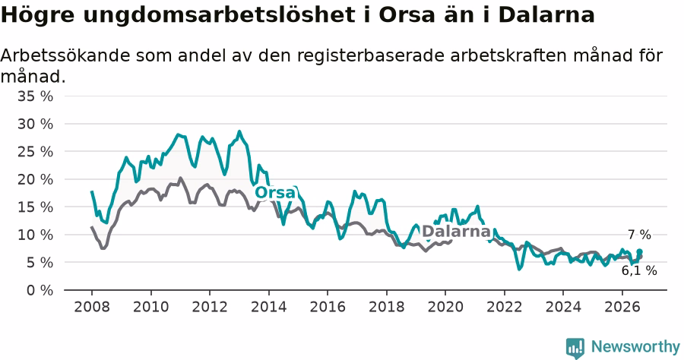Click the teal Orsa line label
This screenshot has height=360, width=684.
point(275,192)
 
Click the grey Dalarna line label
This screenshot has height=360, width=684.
point(456,231)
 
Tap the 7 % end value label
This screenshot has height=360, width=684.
point(639,235)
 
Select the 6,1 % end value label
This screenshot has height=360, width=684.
point(639,270)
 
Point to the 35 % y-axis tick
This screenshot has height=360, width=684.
point(35,96)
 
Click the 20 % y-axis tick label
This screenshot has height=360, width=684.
point(35,179)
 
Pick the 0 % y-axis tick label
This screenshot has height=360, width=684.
point(40,290)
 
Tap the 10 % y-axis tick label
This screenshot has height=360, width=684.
point(35,235)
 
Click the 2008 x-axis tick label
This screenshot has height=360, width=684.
point(92,307)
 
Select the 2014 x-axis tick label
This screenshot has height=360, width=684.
point(269,307)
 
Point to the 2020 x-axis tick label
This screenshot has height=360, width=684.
point(445,307)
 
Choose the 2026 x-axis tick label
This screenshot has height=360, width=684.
point(622,307)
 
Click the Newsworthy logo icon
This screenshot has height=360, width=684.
point(575,348)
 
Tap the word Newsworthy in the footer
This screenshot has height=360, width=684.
point(635,347)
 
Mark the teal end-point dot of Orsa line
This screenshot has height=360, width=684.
point(639,251)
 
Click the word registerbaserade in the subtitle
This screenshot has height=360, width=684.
point(377,56)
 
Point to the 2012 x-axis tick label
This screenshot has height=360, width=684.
point(210,307)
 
